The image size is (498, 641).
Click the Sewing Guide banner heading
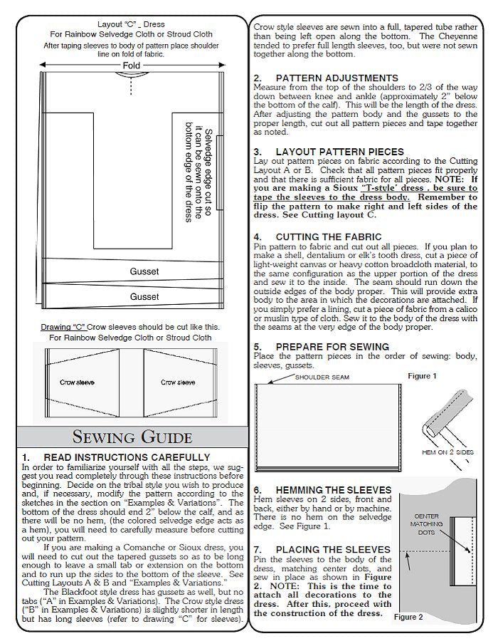point(132,437)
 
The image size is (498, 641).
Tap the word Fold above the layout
point(132,66)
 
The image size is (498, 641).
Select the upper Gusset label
point(144,271)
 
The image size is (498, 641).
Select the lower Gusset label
point(144,296)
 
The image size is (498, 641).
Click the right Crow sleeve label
point(178,382)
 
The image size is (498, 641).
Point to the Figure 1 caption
point(423,375)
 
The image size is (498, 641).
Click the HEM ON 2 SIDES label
point(447,452)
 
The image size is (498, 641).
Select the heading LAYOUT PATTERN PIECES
point(339,152)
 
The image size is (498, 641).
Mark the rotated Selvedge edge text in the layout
point(199,174)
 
